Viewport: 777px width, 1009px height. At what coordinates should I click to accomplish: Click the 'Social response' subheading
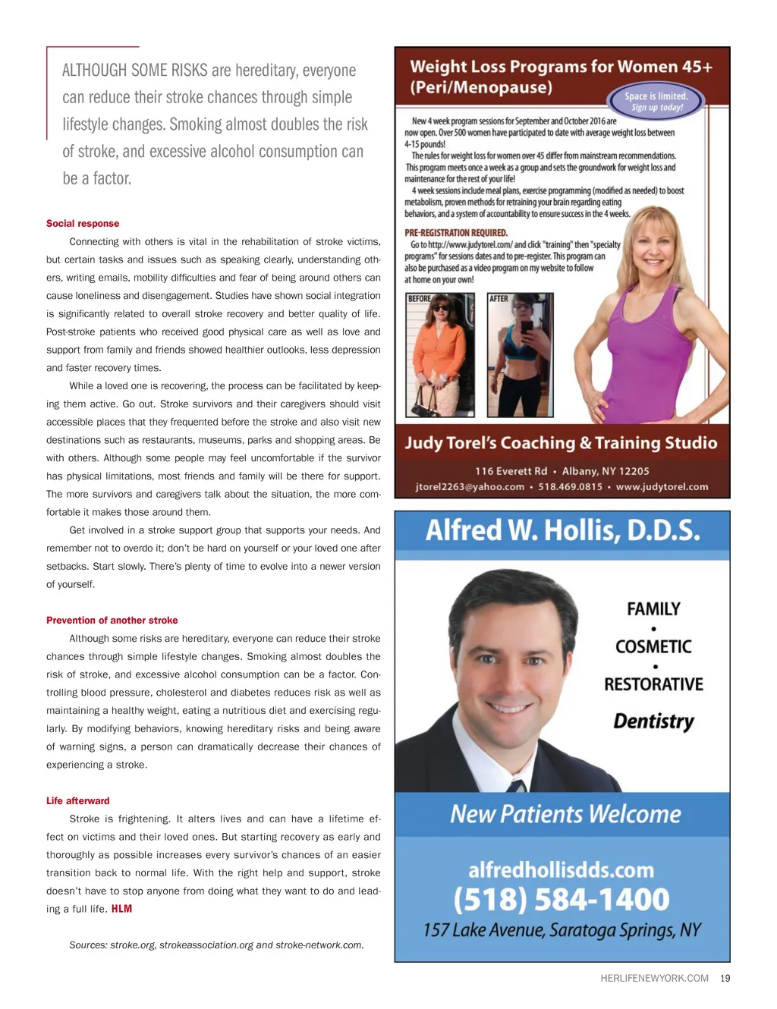coord(83,224)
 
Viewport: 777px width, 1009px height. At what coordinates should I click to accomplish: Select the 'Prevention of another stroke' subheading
coord(112,621)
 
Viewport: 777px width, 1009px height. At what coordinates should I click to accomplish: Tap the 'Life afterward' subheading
coord(77,801)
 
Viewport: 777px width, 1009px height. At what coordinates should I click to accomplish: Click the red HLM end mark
coord(121,909)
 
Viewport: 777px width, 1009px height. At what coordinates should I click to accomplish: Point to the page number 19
coord(725,979)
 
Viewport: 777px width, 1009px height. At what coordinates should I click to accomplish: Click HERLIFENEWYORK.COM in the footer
coord(654,979)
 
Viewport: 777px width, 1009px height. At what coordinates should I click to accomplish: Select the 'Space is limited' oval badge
coord(656,102)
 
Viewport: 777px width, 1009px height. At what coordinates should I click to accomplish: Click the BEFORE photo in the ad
coord(440,355)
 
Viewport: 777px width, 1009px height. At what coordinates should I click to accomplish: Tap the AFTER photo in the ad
coord(520,355)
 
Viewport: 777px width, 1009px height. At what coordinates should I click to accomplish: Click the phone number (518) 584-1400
coord(562,901)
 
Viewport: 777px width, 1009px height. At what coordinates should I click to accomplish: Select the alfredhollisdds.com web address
coord(561,870)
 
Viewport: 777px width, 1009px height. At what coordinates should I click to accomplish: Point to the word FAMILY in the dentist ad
coord(653,609)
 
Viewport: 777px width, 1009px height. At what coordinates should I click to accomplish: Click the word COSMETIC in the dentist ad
coord(653,647)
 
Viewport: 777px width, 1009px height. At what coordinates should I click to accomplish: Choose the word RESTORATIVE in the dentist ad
coord(653,684)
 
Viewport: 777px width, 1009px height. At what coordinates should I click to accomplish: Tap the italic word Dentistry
coord(653,721)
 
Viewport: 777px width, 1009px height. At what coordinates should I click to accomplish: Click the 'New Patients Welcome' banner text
coord(565,815)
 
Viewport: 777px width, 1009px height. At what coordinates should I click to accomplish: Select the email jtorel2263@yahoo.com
coord(470,487)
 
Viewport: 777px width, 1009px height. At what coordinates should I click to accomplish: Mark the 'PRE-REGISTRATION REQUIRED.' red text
coord(456,233)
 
